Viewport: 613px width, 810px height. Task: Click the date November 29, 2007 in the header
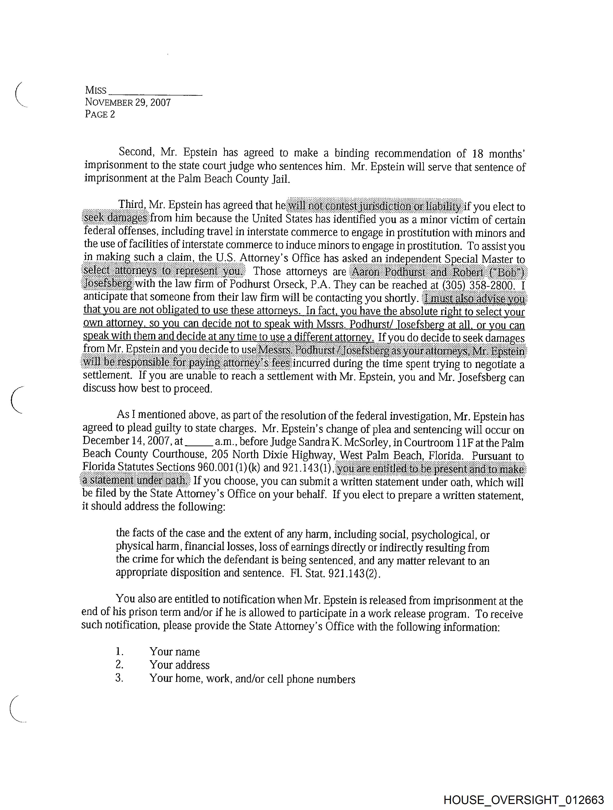point(128,102)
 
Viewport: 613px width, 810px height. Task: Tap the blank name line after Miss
point(155,92)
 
